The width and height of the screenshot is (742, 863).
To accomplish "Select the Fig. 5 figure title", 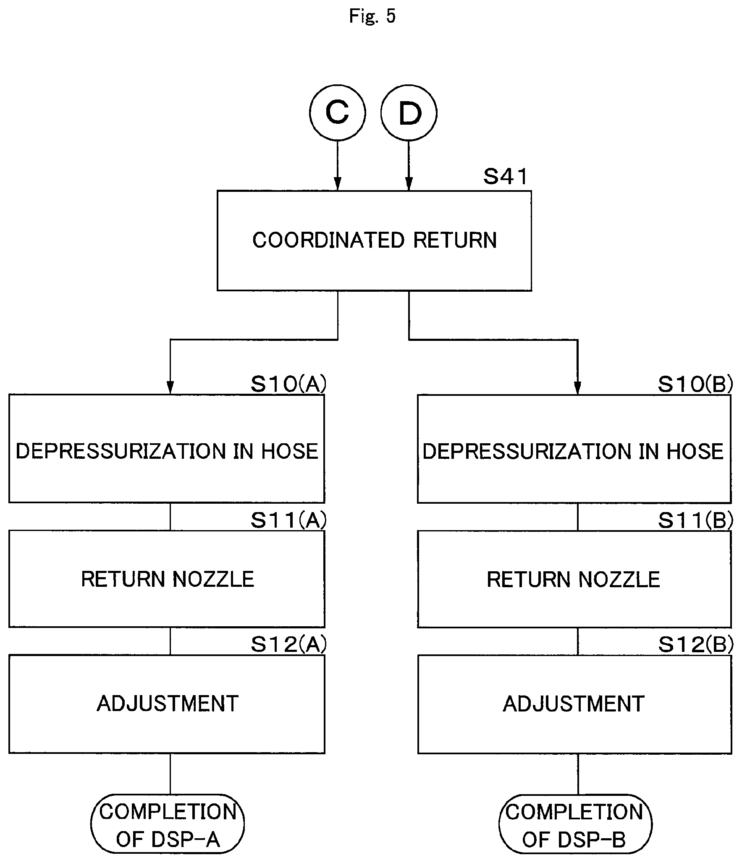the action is tap(372, 16).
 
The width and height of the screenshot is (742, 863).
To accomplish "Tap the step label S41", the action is tap(505, 177).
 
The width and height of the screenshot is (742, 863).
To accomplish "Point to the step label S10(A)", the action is tap(288, 384).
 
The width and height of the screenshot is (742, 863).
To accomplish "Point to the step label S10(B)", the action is tap(695, 384).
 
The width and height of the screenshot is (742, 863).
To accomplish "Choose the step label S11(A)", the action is tap(288, 520).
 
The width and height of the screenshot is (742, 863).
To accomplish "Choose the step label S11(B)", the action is tap(695, 520).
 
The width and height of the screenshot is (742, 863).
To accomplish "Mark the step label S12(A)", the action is tap(288, 644).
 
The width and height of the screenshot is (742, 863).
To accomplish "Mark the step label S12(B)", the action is tap(695, 644).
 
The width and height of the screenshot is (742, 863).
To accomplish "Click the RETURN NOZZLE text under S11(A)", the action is tap(168, 579).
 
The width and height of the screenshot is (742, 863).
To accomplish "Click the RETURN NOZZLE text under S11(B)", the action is tap(574, 580).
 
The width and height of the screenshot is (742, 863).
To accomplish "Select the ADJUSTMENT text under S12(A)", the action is tap(168, 703).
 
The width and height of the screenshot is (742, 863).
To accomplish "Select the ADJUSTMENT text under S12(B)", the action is tap(574, 704).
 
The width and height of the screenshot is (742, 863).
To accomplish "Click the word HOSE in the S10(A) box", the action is tap(290, 451).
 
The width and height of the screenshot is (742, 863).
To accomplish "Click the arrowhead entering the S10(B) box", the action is tap(577, 388).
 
